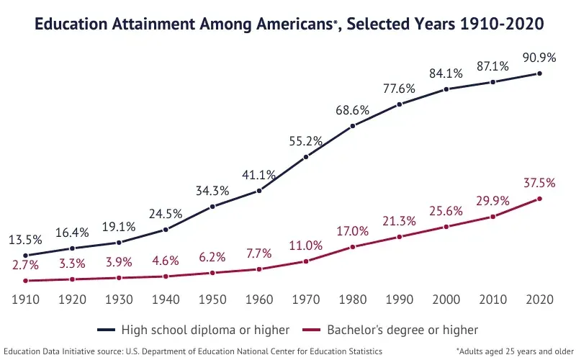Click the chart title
point(289,24)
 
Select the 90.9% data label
point(539,56)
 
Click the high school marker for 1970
point(306,157)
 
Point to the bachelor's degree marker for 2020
point(539,199)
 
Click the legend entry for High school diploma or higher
point(194,330)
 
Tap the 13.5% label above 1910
point(25,239)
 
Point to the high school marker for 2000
point(446,89)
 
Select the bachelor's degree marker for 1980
point(353,247)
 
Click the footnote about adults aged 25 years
point(514,351)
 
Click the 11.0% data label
point(306,245)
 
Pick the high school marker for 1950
point(212,207)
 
